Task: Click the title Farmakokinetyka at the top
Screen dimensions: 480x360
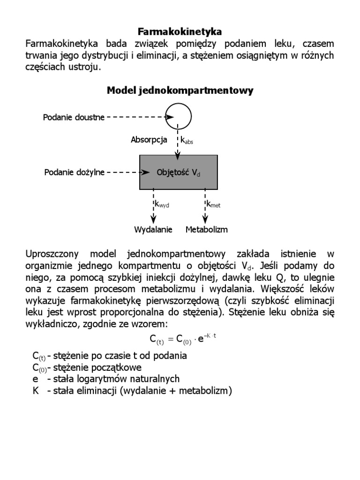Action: (180, 32)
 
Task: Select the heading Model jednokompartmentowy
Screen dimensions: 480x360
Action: (180, 90)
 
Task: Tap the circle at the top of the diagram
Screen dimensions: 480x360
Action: (179, 116)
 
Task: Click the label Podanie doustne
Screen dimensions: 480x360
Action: (74, 117)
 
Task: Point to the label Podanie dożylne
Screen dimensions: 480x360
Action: (74, 172)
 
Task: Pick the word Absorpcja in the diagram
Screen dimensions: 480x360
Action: (149, 140)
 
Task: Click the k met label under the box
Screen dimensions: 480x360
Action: (213, 204)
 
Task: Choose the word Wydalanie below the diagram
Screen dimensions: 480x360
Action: (153, 230)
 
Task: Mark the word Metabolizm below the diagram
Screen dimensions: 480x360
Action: (207, 230)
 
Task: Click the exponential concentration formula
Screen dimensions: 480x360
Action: (180, 339)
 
